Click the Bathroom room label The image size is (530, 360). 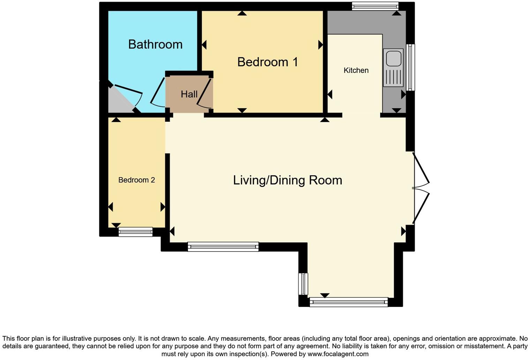pyautogui.click(x=155, y=44)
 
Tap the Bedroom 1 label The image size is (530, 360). pyautogui.click(x=267, y=62)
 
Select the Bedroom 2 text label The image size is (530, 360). pyautogui.click(x=136, y=180)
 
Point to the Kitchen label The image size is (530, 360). pyautogui.click(x=356, y=70)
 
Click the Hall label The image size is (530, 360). pyautogui.click(x=189, y=94)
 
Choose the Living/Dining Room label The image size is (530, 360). pyautogui.click(x=287, y=180)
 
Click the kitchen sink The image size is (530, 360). pyautogui.click(x=393, y=67)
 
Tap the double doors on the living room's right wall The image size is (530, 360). pyautogui.click(x=420, y=188)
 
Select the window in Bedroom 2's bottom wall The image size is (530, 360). pyautogui.click(x=135, y=232)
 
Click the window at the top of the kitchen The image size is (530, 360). pyautogui.click(x=375, y=6)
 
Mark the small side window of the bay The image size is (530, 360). pyautogui.click(x=303, y=284)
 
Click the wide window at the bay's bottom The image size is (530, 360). pyautogui.click(x=349, y=302)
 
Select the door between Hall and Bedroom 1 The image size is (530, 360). pyautogui.click(x=204, y=93)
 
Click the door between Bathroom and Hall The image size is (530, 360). pyautogui.click(x=158, y=92)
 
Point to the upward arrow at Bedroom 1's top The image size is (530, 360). pyautogui.click(x=242, y=13)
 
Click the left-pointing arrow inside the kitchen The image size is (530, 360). pyautogui.click(x=330, y=94)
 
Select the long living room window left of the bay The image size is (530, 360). pyautogui.click(x=223, y=247)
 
